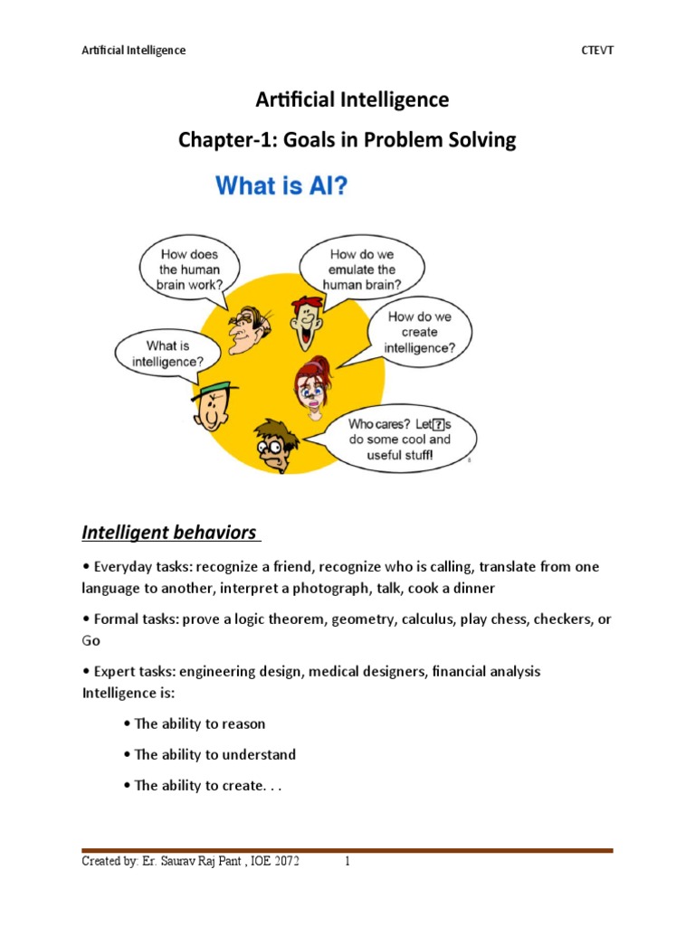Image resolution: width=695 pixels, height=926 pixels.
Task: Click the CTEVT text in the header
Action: (596, 50)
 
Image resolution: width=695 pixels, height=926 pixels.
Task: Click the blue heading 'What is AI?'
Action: (281, 186)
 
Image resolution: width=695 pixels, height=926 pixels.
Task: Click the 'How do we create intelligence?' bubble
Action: (419, 332)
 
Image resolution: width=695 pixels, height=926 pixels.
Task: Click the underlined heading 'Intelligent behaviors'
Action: (169, 532)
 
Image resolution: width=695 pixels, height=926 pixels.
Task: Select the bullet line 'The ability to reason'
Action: (199, 723)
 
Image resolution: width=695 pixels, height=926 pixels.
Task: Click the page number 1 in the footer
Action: (347, 862)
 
